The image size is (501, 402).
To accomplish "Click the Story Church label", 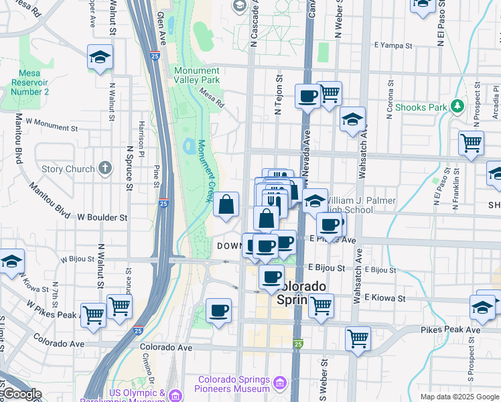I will pyautogui.click(x=68, y=169).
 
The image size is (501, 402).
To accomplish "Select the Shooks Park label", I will pyautogui.click(x=421, y=107).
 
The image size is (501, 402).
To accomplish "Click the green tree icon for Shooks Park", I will pyautogui.click(x=457, y=106).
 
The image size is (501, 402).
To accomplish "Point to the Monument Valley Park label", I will pyautogui.click(x=196, y=75).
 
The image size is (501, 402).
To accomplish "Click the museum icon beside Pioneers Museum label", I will pyautogui.click(x=279, y=383).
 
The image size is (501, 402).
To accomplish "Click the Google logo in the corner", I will pyautogui.click(x=21, y=395).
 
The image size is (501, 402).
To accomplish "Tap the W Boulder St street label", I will pyautogui.click(x=102, y=218).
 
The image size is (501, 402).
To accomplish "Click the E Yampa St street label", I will pyautogui.click(x=392, y=46).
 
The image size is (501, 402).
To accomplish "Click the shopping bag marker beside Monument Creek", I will pyautogui.click(x=226, y=204).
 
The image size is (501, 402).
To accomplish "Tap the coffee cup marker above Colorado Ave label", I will pyautogui.click(x=218, y=311).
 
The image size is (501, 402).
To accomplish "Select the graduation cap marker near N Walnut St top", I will pyautogui.click(x=99, y=58).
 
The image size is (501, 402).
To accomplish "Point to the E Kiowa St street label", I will pyautogui.click(x=384, y=297).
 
